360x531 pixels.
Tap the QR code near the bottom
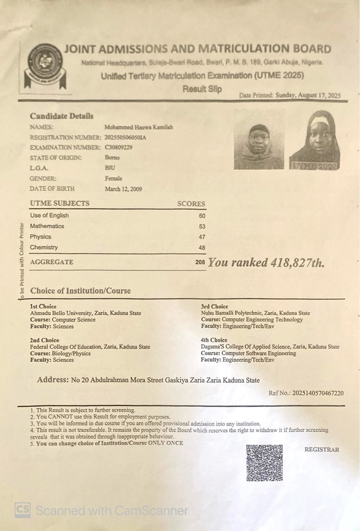point(264,463)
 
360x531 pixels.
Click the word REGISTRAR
point(322,449)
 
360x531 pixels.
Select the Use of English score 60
point(202,216)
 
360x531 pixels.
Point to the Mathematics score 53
point(202,227)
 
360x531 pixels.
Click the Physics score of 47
point(202,237)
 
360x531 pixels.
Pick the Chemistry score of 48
point(202,248)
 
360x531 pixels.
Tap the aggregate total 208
point(200,263)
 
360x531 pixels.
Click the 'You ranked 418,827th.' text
point(266,263)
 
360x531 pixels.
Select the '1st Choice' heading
point(43,306)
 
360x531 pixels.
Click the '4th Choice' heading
point(214,340)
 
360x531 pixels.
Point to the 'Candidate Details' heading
point(61,117)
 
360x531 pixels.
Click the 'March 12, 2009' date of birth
point(123,189)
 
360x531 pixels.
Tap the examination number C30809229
point(119,147)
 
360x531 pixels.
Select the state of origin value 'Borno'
point(112,158)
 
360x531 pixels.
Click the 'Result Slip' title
point(202,89)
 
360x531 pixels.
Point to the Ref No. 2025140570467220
point(306,393)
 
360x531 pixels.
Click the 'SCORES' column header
point(191,204)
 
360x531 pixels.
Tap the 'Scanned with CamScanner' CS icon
point(22,510)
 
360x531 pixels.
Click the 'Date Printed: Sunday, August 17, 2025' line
point(290,95)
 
